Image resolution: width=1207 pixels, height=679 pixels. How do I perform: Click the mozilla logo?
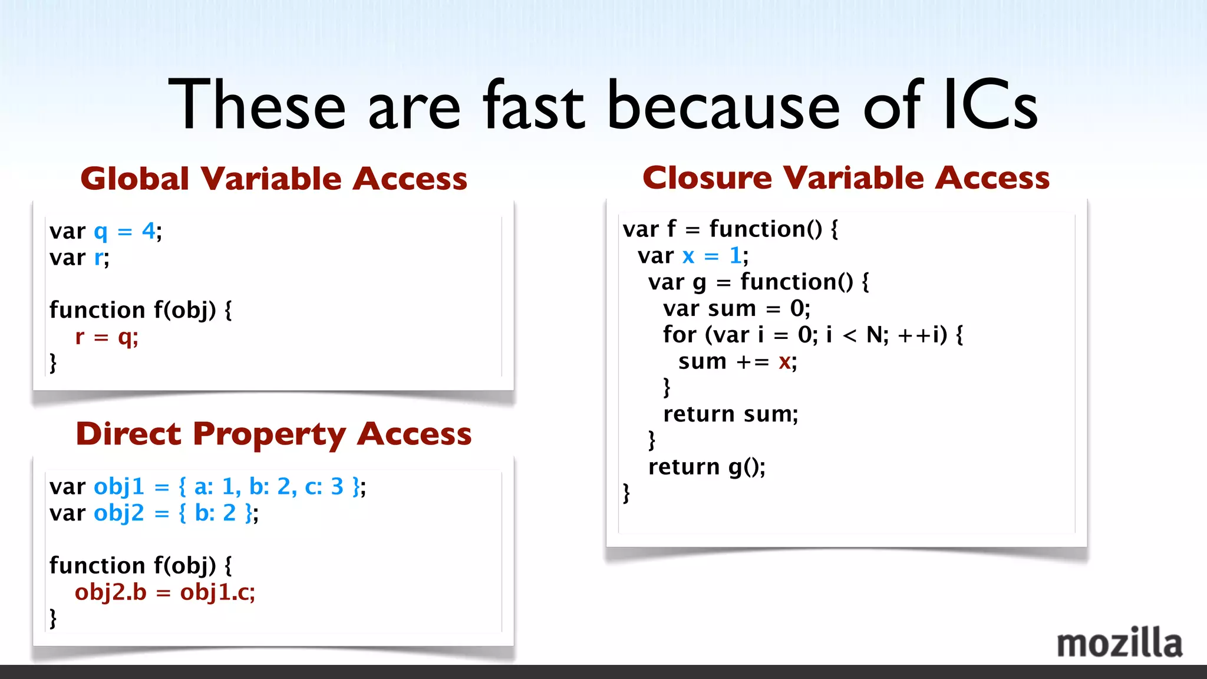click(x=1119, y=644)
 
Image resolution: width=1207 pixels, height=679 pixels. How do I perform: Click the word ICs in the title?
click(x=990, y=106)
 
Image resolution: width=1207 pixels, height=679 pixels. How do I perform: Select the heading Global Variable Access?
click(x=274, y=179)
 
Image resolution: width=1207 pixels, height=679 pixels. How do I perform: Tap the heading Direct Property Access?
click(x=274, y=434)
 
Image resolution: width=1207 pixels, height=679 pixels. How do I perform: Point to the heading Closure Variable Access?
click(x=846, y=177)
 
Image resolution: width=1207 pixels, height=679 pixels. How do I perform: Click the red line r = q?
click(x=107, y=337)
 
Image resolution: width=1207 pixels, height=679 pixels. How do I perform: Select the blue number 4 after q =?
click(x=148, y=230)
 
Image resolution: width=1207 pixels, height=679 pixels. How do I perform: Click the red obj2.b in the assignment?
click(x=110, y=592)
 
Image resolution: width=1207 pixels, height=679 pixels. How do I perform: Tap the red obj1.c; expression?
click(x=217, y=592)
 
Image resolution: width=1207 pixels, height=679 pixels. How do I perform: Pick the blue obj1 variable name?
click(x=118, y=487)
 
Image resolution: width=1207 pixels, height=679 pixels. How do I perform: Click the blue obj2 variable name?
click(x=118, y=513)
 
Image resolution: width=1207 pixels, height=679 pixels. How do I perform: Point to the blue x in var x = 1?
click(x=688, y=256)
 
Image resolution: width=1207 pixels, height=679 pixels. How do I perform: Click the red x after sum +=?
click(x=784, y=362)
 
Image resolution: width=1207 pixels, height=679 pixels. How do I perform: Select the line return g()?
click(x=707, y=467)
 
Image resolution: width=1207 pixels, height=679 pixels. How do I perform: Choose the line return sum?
click(x=730, y=414)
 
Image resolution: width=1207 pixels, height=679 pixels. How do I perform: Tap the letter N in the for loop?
click(x=875, y=335)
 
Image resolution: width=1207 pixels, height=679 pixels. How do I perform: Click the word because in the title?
click(x=723, y=106)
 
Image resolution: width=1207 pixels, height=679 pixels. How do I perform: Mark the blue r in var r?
click(x=98, y=258)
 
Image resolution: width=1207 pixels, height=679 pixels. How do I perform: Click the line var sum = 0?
click(x=736, y=308)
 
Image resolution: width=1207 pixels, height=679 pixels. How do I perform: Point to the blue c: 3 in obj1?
click(x=324, y=487)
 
